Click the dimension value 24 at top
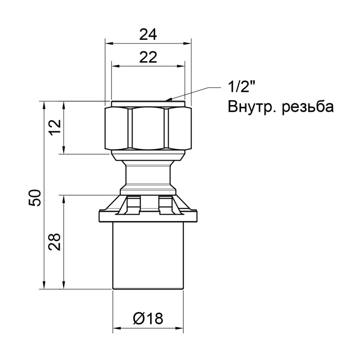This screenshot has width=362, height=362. [148, 35]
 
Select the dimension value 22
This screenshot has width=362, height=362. [148, 57]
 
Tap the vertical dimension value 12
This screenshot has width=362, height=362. [55, 128]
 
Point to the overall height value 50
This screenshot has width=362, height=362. [36, 198]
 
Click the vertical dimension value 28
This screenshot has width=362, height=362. [55, 242]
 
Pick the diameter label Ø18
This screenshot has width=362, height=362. [148, 319]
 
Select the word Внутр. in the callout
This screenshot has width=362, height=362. [251, 107]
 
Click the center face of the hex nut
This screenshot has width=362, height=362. [148, 129]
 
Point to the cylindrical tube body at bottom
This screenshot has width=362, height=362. [148, 256]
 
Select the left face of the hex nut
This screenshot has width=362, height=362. [118, 129]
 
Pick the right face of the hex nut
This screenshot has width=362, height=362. [179, 129]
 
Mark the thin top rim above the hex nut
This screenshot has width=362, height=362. [148, 104]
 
